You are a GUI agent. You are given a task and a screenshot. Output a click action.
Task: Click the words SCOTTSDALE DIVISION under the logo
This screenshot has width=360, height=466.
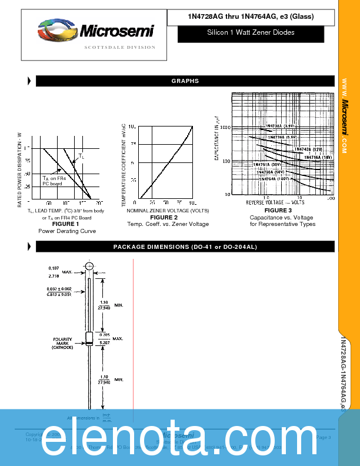(120, 47)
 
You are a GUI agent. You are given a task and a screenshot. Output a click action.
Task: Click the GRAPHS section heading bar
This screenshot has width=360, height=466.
(185, 81)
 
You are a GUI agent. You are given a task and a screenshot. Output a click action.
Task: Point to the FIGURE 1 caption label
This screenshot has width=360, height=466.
(65, 224)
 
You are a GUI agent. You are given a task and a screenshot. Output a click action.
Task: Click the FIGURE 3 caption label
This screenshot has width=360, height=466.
(278, 210)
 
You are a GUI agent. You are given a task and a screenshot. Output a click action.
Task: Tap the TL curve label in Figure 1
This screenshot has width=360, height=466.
(81, 157)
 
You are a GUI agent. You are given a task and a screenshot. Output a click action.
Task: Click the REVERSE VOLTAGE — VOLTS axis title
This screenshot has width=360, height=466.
(275, 202)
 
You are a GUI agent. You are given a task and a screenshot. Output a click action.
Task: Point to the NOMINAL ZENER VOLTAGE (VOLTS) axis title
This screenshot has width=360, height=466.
(168, 210)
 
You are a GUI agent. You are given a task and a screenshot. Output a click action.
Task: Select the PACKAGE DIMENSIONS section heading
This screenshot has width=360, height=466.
(185, 247)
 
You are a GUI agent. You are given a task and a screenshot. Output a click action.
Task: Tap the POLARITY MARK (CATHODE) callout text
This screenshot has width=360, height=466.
(62, 343)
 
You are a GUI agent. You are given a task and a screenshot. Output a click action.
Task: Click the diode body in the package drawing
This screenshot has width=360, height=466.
(89, 338)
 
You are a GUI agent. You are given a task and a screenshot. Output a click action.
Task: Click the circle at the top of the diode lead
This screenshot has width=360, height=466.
(89, 267)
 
